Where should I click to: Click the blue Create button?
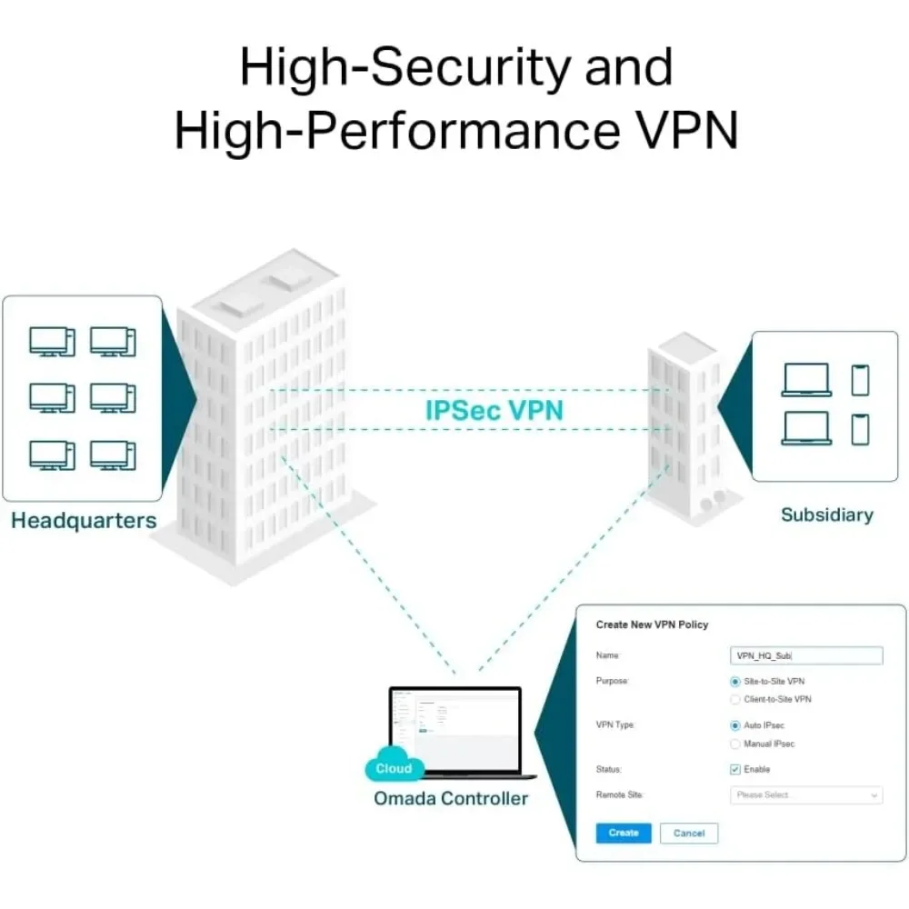pyautogui.click(x=624, y=833)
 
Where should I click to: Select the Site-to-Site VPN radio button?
pyautogui.click(x=735, y=681)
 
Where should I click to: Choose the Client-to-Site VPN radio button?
pyautogui.click(x=735, y=699)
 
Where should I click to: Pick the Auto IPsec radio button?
pyautogui.click(x=735, y=725)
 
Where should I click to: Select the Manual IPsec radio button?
pyautogui.click(x=735, y=744)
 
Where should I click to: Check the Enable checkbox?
pyautogui.click(x=735, y=769)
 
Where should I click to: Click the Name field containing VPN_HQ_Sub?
pyautogui.click(x=805, y=655)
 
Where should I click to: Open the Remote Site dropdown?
pyautogui.click(x=805, y=795)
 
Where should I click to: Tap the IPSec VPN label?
pyautogui.click(x=494, y=410)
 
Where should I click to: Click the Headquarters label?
pyautogui.click(x=84, y=521)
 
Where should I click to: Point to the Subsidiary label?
pyautogui.click(x=826, y=514)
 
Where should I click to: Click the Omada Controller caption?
pyautogui.click(x=451, y=798)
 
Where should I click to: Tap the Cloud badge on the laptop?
pyautogui.click(x=394, y=768)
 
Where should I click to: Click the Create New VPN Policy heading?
pyautogui.click(x=652, y=624)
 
